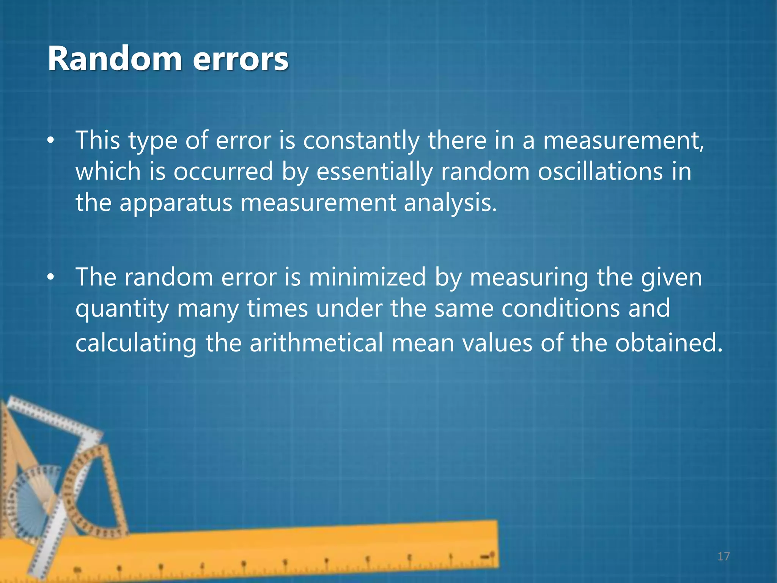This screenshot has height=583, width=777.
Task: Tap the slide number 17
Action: coord(724,556)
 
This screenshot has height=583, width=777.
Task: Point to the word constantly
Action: coord(361,140)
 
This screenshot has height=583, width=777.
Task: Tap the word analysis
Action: coord(450,203)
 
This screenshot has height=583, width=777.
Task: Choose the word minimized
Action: coord(367,277)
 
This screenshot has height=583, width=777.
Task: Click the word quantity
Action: coord(122,309)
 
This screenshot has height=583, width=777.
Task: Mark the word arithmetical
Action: coord(316,343)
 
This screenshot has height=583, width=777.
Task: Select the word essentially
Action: coord(374,172)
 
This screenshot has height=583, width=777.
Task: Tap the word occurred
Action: coord(223,172)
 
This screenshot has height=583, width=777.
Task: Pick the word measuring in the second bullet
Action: coord(529,278)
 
